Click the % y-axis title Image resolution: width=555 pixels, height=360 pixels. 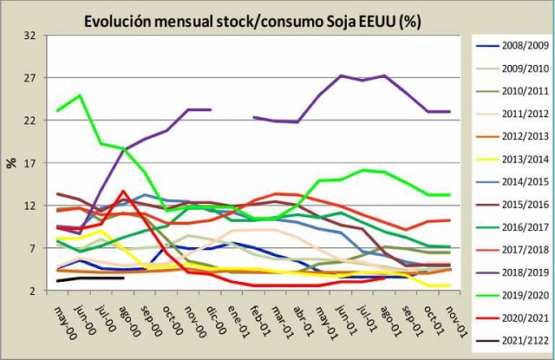click(x=11, y=162)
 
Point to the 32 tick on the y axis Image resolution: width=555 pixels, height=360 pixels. click(x=30, y=36)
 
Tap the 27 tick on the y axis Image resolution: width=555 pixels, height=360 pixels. click(x=30, y=78)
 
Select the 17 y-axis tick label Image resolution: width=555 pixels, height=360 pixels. click(x=30, y=163)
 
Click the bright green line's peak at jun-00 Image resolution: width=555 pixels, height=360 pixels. click(x=80, y=95)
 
